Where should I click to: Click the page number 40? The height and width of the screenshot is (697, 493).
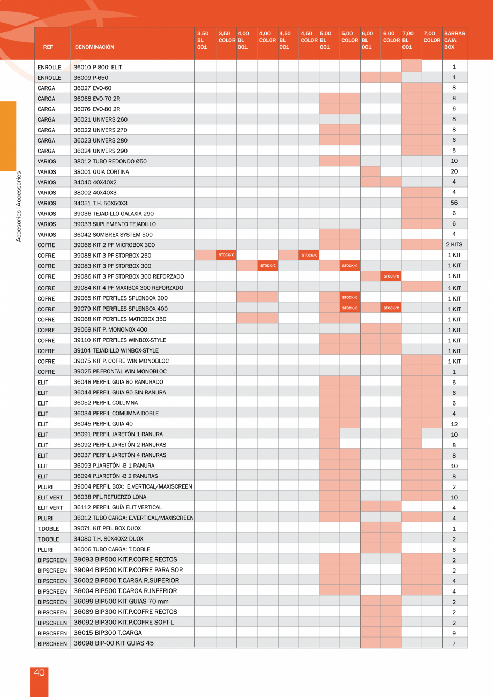tap(39, 673)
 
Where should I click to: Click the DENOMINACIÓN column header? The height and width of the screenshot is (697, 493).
tap(94, 47)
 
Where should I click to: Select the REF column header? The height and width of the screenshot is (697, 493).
tap(48, 47)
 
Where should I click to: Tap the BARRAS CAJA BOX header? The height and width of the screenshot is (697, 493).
tap(454, 40)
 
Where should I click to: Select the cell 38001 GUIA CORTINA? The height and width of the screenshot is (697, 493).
tap(101, 172)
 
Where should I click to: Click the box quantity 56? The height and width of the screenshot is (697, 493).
tap(454, 203)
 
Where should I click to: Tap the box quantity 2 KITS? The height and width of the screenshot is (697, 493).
tap(454, 245)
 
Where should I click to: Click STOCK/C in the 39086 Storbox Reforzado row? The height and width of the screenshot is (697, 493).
tap(391, 276)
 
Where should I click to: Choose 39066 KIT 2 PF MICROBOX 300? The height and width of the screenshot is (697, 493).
tap(114, 245)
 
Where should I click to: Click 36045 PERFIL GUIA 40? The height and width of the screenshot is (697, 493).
tap(103, 424)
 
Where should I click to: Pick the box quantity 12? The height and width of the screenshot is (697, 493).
tap(454, 424)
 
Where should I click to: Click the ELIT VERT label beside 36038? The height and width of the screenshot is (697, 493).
tap(50, 497)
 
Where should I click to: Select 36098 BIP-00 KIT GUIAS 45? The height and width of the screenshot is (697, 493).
tap(114, 643)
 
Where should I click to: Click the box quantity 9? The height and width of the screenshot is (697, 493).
tap(454, 633)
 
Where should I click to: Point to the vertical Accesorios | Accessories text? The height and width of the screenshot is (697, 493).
tap(19, 206)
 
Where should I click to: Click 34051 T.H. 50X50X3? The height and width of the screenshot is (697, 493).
tap(100, 203)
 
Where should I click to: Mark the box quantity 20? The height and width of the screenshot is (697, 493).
tap(454, 172)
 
